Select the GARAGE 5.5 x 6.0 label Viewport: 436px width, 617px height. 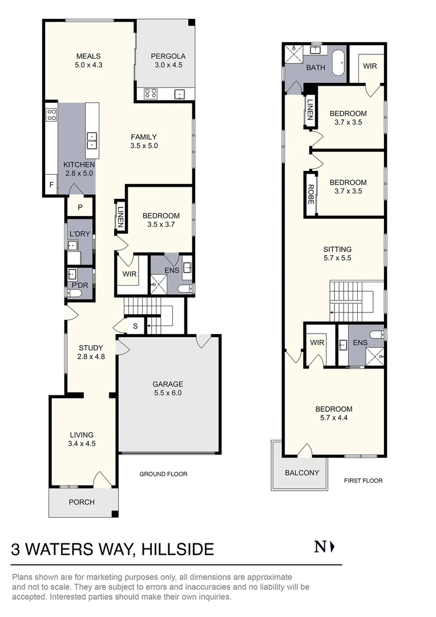coord(168,388)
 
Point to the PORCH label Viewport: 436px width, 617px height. coord(82,502)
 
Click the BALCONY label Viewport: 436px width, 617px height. coord(301,472)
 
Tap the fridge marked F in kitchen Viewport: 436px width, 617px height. coord(51,185)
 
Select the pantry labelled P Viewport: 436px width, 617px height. coord(80,207)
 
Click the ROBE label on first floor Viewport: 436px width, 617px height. coord(311,194)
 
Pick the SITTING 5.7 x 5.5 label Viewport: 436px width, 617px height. coord(337,254)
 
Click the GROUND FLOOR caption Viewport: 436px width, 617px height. coord(163,474)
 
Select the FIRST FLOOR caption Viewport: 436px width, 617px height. coord(363,480)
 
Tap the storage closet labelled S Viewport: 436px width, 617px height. coord(135,326)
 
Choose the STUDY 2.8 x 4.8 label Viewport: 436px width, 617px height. coord(91,352)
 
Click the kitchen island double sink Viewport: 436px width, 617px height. coord(91,141)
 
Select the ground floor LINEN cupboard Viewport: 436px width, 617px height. coord(120,217)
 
